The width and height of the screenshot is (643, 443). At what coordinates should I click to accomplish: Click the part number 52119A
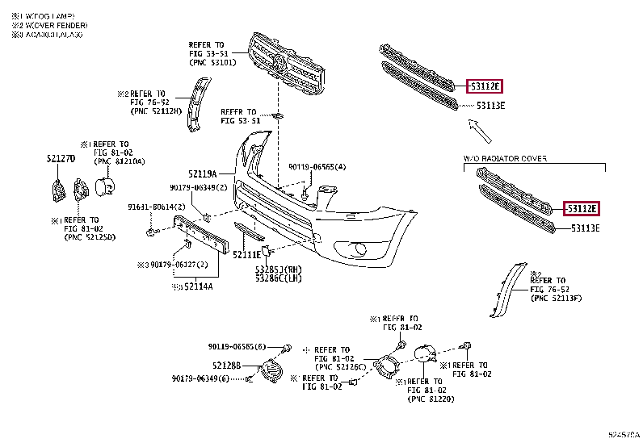203,173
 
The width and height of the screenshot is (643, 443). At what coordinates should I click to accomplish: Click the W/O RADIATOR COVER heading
505,159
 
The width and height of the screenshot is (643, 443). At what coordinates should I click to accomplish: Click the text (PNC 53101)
212,62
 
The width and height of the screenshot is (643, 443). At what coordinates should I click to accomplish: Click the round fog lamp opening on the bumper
356,249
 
